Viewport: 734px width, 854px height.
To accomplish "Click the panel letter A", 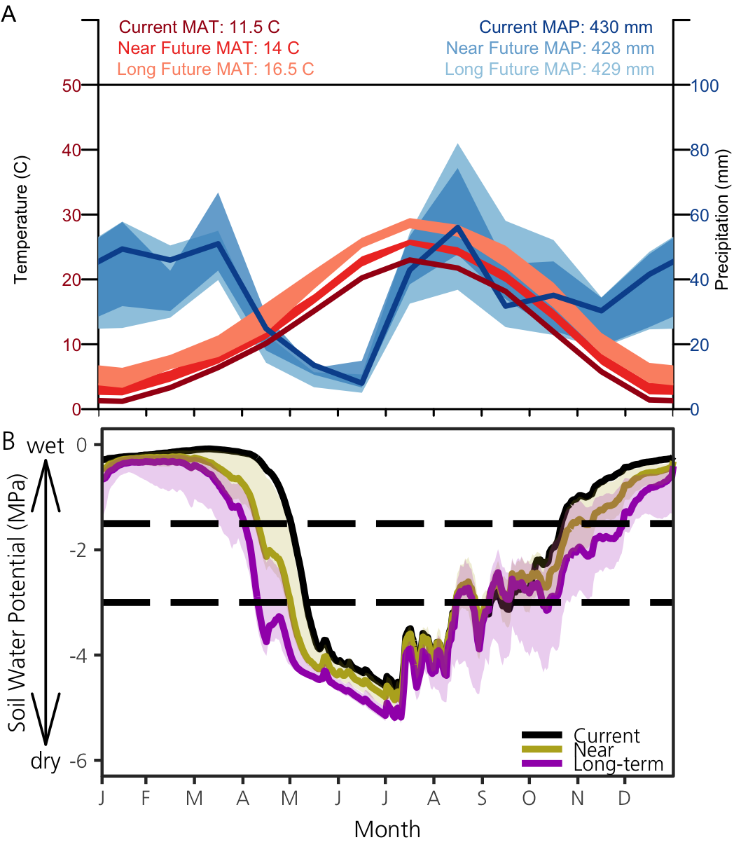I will (x=9, y=14).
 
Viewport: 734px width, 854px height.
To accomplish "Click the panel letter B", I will (x=9, y=441).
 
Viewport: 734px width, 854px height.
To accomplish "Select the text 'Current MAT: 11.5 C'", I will (x=199, y=27).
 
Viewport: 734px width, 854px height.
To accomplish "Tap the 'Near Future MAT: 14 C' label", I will (x=209, y=48).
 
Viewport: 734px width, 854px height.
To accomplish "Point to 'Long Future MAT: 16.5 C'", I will (x=216, y=69).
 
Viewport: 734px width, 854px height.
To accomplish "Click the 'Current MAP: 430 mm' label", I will (x=566, y=27).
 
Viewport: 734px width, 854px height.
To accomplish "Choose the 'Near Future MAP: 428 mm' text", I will (x=550, y=48).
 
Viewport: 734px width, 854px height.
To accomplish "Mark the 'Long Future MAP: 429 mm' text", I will (x=549, y=69).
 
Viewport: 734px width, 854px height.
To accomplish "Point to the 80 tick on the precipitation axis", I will (x=700, y=151).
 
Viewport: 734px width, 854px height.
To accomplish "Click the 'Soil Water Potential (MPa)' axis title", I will (x=18, y=603).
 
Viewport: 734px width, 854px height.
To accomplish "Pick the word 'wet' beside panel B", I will (x=45, y=446).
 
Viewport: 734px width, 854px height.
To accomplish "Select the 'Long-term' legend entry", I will (x=618, y=764).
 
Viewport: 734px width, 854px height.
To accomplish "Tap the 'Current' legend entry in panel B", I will (x=607, y=736).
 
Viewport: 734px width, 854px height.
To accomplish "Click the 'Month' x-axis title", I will (x=387, y=829).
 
